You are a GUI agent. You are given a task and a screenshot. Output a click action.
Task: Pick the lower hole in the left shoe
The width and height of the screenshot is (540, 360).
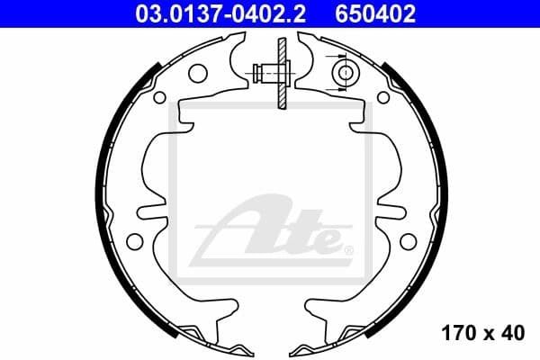tap(135, 240)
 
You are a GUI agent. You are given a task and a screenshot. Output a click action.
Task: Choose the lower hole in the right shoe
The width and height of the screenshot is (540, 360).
tap(407, 240)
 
